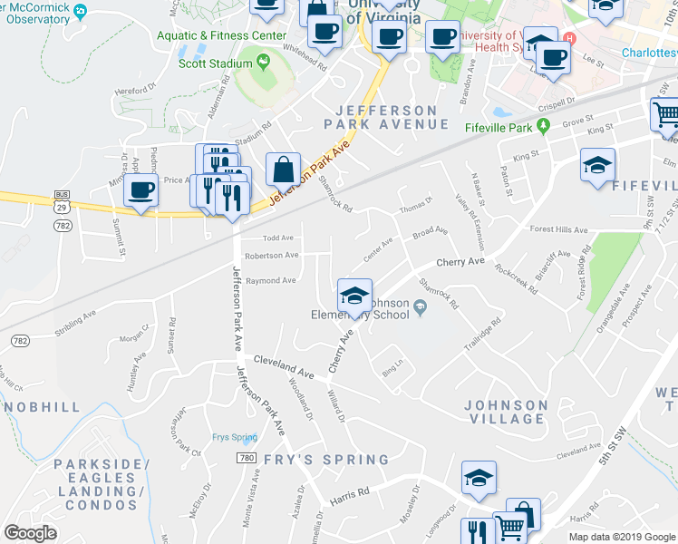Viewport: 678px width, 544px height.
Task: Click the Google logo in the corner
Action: (x=32, y=533)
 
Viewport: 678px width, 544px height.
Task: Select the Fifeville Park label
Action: (x=499, y=128)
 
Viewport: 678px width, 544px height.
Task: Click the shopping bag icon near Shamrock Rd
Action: (x=284, y=169)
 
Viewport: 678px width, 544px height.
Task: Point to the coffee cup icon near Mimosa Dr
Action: (x=140, y=190)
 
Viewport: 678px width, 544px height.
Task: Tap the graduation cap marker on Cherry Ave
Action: (x=354, y=295)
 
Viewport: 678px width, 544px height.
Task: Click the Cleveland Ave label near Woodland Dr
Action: (x=284, y=367)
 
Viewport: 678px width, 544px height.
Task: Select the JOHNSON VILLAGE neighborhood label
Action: (x=506, y=412)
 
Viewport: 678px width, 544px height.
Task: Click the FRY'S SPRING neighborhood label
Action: (x=314, y=460)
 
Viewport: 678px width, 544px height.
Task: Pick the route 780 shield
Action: (x=247, y=459)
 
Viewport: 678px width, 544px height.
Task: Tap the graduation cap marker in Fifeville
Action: (x=597, y=166)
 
